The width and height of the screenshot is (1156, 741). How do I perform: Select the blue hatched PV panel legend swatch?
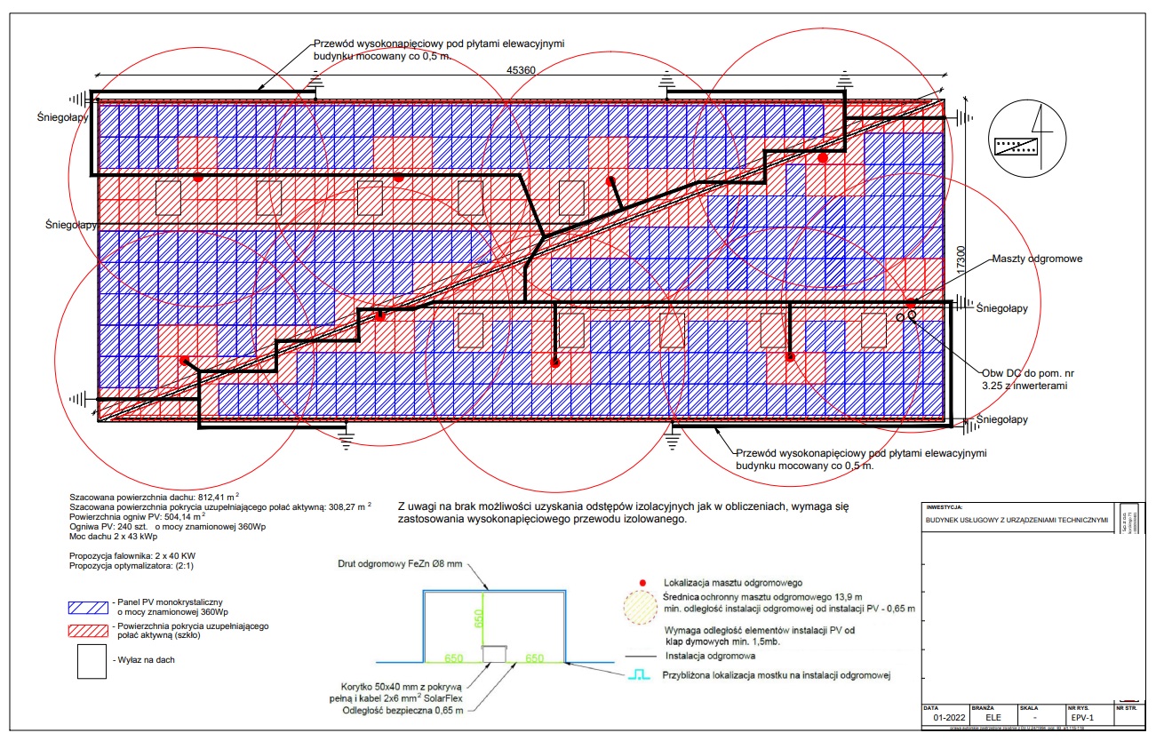[89, 609]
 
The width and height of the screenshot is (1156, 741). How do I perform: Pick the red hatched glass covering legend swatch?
[89, 630]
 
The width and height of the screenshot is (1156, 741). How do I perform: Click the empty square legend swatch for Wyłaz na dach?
[89, 661]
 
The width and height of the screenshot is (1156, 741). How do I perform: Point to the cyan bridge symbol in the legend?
[640, 675]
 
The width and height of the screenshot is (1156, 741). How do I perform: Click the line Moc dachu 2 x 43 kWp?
[115, 537]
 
